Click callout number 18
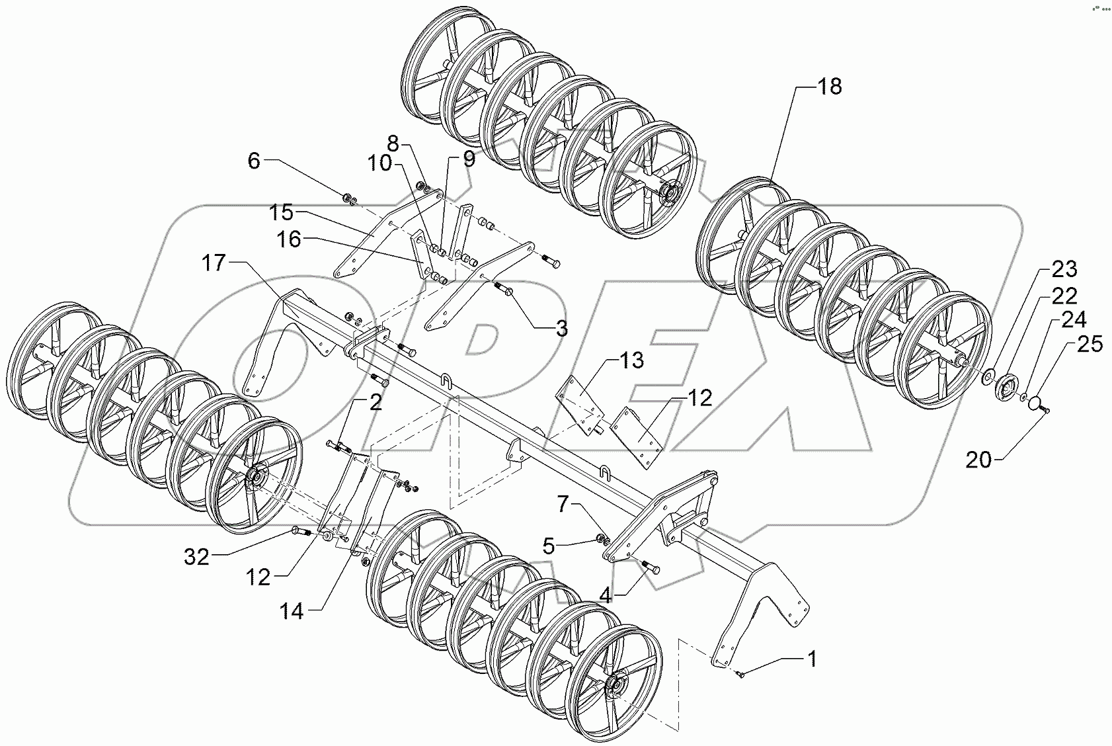830,87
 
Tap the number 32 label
196,558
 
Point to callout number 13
631,361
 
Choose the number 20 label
979,460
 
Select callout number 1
811,659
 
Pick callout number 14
292,612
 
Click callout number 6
255,161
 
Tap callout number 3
561,329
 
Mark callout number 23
1064,269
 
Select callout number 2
376,403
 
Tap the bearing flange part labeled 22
1007,386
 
